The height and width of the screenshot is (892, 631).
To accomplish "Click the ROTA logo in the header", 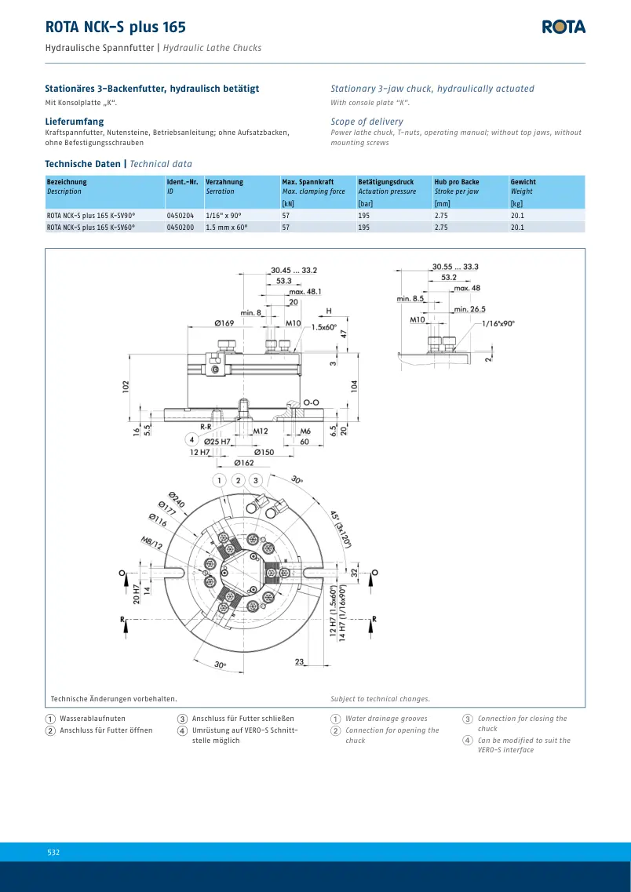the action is (564, 27).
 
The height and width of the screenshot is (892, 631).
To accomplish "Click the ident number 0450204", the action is (181, 216).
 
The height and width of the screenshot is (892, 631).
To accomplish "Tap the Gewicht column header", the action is (523, 182).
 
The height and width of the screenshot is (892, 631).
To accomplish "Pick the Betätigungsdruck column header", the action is (386, 182).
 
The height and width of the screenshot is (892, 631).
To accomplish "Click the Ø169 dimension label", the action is (224, 323).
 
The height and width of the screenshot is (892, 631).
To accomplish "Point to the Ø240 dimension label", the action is (177, 501).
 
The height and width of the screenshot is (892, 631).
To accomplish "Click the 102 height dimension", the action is (126, 386).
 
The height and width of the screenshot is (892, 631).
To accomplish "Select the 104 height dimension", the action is (356, 386).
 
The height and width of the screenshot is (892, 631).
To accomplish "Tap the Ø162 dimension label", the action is (244, 463).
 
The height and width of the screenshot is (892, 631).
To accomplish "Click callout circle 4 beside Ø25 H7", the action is (192, 440).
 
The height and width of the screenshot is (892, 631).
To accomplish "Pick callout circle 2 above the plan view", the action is (239, 481).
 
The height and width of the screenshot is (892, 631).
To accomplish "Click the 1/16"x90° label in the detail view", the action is (498, 323).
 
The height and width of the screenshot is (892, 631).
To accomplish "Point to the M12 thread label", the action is (260, 431).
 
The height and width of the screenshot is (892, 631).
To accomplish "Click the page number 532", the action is (53, 852).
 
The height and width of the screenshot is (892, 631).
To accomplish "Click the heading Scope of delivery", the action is (367, 121).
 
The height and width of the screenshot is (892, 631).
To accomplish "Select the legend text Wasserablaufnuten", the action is (93, 719).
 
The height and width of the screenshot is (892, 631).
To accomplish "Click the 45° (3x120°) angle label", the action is (341, 529).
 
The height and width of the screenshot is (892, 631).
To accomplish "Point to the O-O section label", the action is (312, 402).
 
